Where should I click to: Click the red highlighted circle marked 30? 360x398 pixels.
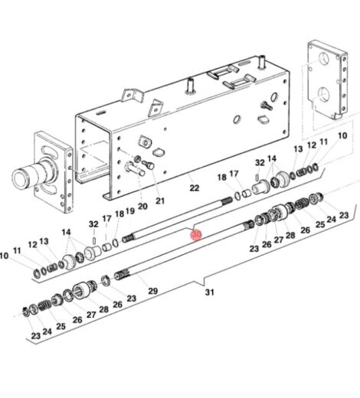[195, 234]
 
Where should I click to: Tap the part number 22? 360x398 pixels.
[194, 188]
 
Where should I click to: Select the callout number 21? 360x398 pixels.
[160, 201]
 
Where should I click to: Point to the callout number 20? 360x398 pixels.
[142, 206]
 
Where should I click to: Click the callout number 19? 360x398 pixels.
[131, 212]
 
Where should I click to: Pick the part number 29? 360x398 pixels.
[152, 291]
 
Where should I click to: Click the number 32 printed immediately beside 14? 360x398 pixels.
[260, 163]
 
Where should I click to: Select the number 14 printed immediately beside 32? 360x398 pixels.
[273, 163]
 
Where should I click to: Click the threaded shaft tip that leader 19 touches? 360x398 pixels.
[129, 239]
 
